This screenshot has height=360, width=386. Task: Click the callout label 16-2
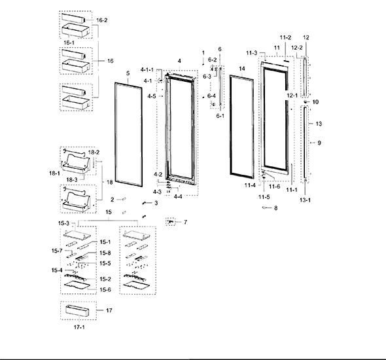pyautogui.click(x=101, y=20)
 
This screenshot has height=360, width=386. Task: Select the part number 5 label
pyautogui.click(x=128, y=73)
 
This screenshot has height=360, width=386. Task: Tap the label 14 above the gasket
pyautogui.click(x=242, y=69)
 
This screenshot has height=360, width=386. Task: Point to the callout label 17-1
pyautogui.click(x=79, y=327)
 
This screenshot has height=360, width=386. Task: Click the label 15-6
pyautogui.click(x=105, y=289)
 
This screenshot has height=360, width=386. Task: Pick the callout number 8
pyautogui.click(x=275, y=208)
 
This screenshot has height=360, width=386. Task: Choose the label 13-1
pyautogui.click(x=305, y=200)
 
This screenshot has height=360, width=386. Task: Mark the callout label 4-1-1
pyautogui.click(x=147, y=70)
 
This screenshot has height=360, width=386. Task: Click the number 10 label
pyautogui.click(x=315, y=102)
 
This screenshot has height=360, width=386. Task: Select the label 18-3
pyautogui.click(x=72, y=180)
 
